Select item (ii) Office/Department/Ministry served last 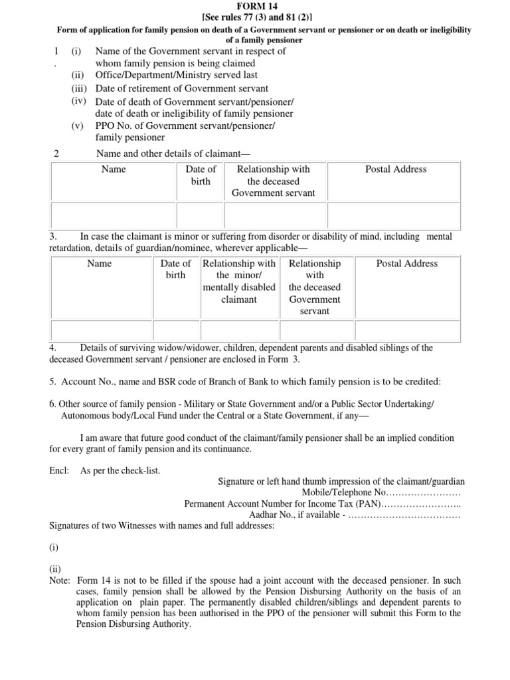click(177, 75)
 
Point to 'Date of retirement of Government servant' click(182, 88)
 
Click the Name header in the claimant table click(114, 169)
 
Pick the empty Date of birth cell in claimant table click(200, 215)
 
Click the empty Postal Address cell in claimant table click(396, 215)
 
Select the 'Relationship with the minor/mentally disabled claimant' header click(239, 282)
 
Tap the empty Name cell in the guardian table click(101, 329)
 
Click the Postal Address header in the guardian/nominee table click(406, 264)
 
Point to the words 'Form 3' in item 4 click(287, 359)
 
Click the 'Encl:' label click(59, 471)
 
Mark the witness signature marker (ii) click(54, 570)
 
